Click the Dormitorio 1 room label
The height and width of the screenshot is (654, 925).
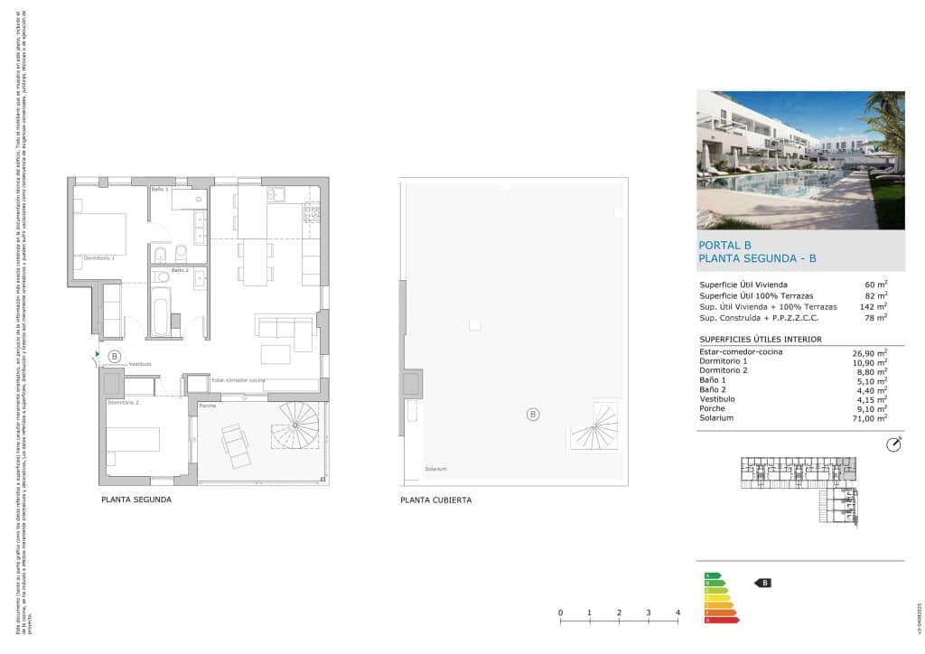[x=99, y=258]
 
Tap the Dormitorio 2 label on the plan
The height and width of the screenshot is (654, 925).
[x=123, y=402]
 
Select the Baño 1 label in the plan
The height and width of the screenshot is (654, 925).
[x=160, y=190]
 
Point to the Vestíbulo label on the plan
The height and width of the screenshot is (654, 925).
[x=140, y=364]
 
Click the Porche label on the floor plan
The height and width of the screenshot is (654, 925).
[x=208, y=407]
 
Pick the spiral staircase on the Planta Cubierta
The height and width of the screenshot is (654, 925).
[x=595, y=428]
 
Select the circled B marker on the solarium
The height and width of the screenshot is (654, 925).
[x=533, y=415]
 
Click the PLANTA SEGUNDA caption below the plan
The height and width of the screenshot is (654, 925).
[x=136, y=500]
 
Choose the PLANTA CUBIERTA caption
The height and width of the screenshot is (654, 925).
[x=435, y=500]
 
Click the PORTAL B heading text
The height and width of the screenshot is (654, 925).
[x=725, y=245]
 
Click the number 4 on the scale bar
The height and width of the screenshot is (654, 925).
[x=677, y=613]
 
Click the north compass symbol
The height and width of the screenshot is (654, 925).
[x=894, y=444]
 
